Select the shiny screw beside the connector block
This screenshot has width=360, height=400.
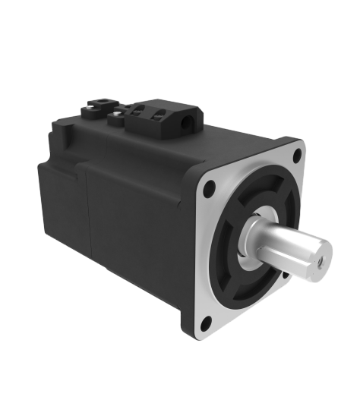pyautogui.click(x=116, y=117)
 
